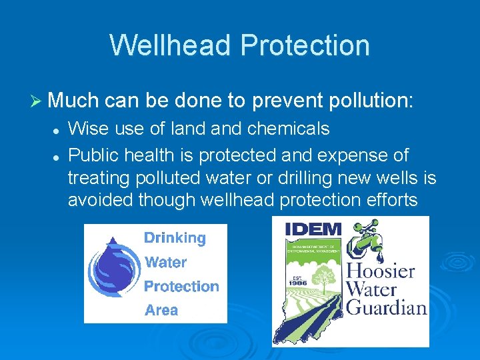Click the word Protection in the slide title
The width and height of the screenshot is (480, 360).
(x=305, y=45)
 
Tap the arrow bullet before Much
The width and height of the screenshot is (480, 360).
(x=37, y=101)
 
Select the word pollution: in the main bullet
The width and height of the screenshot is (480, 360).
(x=367, y=101)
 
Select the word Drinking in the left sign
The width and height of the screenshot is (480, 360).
(x=175, y=237)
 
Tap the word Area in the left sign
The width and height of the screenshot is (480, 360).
(x=161, y=310)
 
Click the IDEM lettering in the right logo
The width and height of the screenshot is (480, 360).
(x=313, y=229)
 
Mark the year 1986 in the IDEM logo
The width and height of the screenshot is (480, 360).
(x=298, y=282)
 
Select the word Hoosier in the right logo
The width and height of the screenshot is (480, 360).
(x=381, y=272)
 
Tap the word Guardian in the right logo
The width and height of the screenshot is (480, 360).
(x=387, y=307)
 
